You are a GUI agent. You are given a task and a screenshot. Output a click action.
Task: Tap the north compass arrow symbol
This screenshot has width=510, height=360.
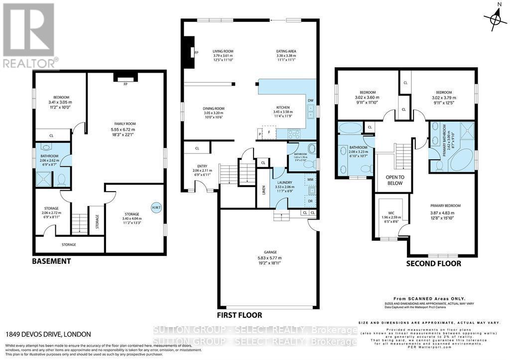click(x=494, y=19)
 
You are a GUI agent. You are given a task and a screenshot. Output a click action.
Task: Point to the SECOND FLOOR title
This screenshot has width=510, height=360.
click(x=433, y=263)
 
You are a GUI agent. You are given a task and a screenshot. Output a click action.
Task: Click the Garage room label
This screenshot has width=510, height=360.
click(x=270, y=252)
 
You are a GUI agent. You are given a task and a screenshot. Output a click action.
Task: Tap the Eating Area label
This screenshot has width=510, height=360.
click(x=286, y=51)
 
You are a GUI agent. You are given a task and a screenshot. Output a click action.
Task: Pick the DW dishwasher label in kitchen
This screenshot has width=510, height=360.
click(x=310, y=101)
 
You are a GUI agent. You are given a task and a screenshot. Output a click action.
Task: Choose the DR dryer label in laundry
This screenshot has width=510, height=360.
click(x=310, y=201)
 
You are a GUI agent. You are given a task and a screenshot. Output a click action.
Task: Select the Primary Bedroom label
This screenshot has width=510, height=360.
click(x=445, y=206)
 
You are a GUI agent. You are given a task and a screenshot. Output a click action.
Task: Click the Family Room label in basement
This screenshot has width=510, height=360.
click(x=124, y=124)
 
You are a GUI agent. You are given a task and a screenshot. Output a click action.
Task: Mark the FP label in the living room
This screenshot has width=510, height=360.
click(x=196, y=52)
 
